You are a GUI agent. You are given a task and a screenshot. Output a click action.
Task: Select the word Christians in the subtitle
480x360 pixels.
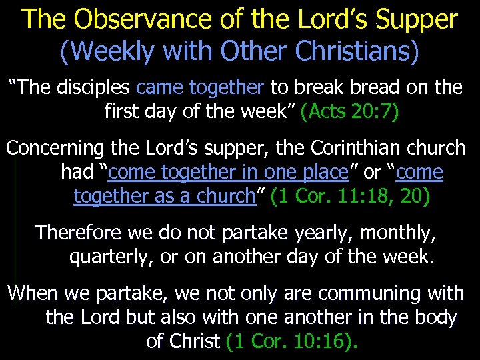[x=350, y=52]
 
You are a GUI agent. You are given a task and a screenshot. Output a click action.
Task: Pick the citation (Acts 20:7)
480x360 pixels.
[x=350, y=111]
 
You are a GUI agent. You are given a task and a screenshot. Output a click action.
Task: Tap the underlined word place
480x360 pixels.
[x=323, y=172]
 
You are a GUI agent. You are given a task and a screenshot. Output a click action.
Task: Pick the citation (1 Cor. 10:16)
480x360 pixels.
[x=292, y=341]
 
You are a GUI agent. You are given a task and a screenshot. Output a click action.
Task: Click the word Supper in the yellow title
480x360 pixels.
[x=417, y=19]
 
